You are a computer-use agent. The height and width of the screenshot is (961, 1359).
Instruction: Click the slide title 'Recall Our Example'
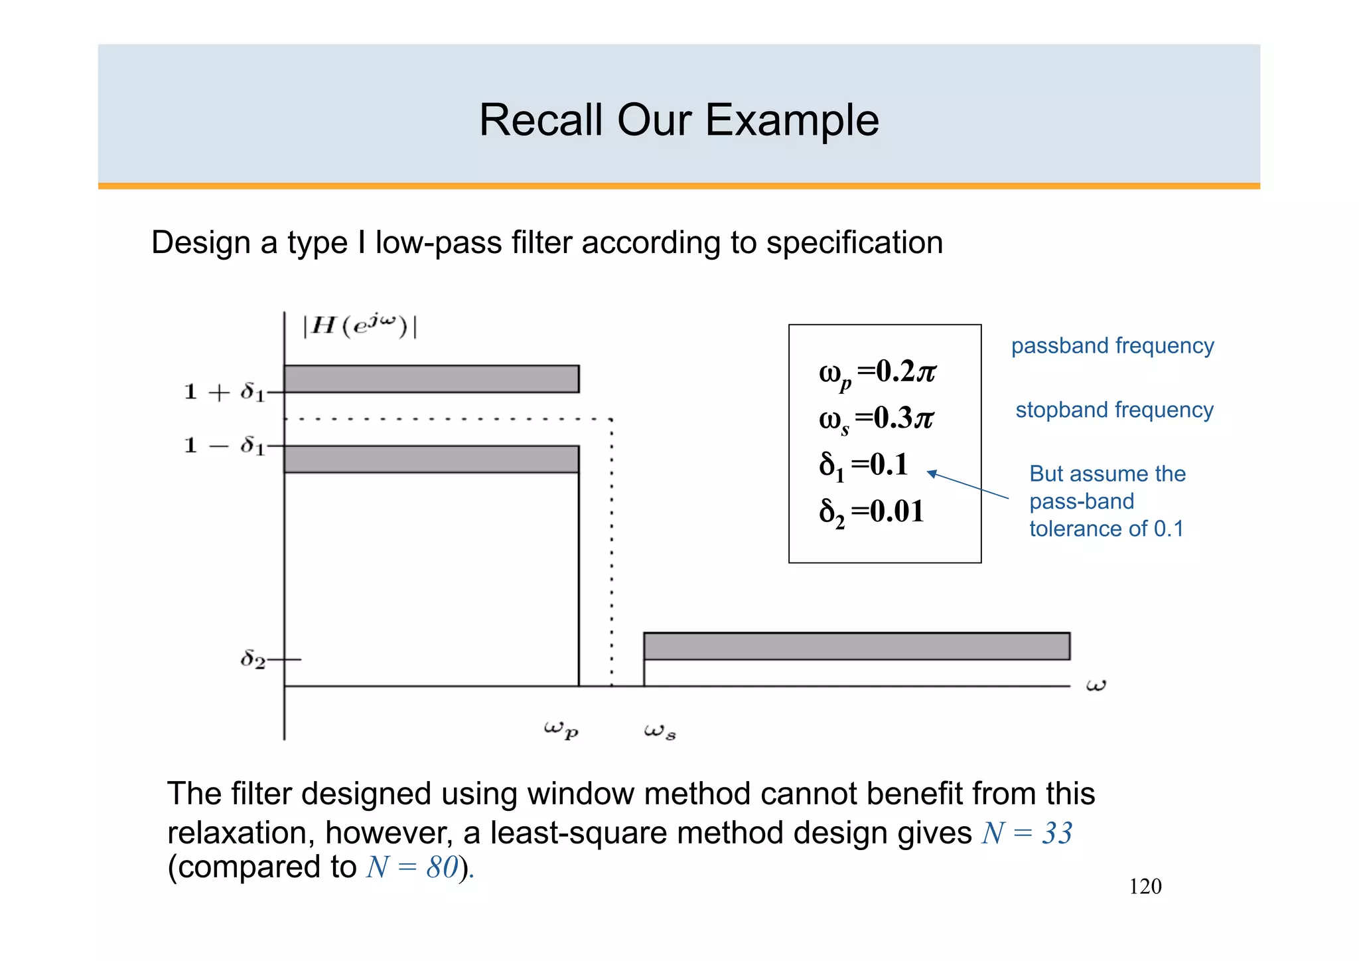point(679,120)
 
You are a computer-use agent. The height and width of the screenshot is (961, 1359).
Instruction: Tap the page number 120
point(1145,887)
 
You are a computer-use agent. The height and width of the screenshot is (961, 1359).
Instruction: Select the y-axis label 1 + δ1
point(224,392)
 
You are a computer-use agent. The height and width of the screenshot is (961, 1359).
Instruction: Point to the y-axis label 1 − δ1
point(224,445)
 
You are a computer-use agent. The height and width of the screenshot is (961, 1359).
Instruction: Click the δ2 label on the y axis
point(253,659)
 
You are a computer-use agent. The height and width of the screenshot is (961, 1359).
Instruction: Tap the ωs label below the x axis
point(660,731)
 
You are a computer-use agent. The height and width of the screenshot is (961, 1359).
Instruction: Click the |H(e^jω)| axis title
point(360,326)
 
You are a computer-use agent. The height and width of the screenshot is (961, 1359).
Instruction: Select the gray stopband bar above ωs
point(856,646)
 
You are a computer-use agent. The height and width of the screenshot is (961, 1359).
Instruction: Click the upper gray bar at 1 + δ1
point(431,379)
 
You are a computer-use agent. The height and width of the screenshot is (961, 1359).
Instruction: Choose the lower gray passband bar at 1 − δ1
point(431,459)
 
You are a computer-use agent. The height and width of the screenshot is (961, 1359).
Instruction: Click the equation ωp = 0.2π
point(877,373)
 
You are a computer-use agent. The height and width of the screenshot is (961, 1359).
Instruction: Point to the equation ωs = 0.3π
point(876,419)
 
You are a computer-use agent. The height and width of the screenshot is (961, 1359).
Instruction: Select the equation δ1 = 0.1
point(863,466)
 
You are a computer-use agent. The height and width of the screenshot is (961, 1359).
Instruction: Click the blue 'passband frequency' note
point(1112,346)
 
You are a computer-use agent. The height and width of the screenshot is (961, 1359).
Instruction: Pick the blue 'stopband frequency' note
point(1114,410)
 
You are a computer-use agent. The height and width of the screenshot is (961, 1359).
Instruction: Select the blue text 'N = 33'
point(1027,833)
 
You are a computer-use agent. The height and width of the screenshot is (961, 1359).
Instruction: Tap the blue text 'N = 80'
point(412,867)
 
